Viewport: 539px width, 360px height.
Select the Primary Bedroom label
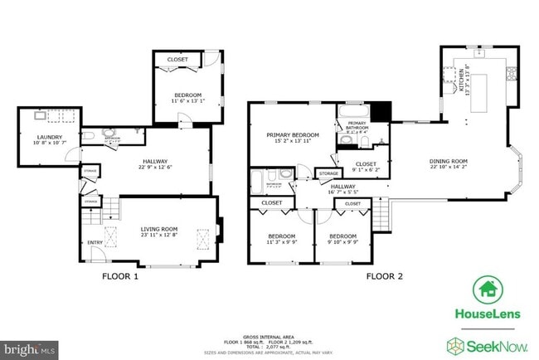click(292, 134)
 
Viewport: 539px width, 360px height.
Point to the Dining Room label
click(449, 161)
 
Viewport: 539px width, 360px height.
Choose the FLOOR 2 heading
click(384, 276)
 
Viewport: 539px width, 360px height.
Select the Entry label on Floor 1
click(95, 242)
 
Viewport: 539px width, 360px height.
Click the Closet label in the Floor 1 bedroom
click(177, 60)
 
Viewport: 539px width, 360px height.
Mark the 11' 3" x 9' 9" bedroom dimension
click(280, 243)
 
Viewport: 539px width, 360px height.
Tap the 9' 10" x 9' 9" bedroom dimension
click(342, 243)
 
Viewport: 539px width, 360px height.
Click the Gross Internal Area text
click(269, 334)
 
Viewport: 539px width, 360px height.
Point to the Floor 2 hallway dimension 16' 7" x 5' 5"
click(342, 193)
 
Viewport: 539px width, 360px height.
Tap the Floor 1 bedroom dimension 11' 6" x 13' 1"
click(187, 101)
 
